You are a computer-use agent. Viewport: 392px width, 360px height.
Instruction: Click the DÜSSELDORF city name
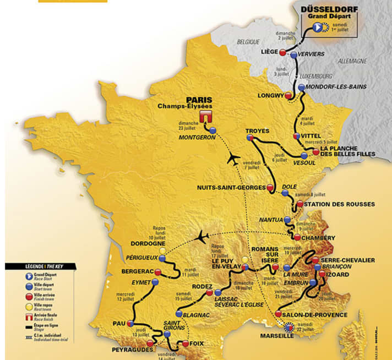[x=329, y=9]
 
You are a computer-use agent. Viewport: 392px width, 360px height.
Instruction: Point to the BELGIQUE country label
[x=248, y=41]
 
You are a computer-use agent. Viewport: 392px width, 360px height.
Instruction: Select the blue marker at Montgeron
[x=213, y=130]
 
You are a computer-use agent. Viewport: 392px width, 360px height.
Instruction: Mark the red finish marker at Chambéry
[x=297, y=238]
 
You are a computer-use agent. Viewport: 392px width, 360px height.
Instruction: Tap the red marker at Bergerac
[x=158, y=272]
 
